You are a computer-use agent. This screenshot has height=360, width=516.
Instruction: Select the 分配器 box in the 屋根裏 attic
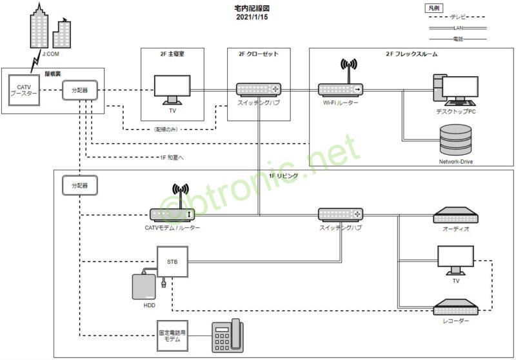[79, 90]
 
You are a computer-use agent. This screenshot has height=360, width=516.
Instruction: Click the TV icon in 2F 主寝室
[172, 90]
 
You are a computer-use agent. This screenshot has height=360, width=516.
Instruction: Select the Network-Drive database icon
[456, 140]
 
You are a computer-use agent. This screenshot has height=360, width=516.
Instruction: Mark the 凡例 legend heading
[433, 8]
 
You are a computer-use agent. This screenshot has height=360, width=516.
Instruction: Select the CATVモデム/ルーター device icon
[172, 214]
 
